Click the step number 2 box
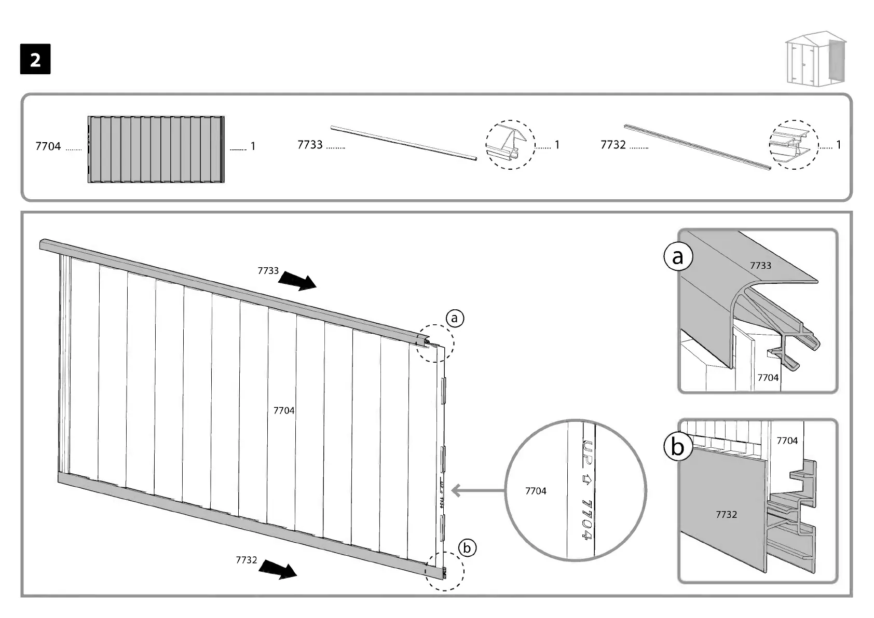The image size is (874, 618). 35,60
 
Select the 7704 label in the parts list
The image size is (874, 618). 48,147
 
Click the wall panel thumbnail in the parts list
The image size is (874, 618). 156,149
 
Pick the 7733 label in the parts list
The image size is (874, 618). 310,145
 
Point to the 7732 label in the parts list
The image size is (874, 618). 613,145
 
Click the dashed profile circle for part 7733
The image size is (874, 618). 510,145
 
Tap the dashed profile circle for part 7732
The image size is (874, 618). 793,145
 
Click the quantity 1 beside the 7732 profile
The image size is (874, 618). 839,145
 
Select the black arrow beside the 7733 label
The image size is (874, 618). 297,282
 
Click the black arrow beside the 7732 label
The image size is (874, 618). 278,569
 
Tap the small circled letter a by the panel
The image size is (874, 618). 455,318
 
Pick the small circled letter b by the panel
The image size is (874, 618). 467,548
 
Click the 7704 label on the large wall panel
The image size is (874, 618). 284,410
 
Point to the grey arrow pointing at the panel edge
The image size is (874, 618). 477,490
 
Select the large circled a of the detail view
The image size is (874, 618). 678,257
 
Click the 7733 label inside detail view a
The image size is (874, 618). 760,266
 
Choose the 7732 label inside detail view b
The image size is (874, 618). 726,514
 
